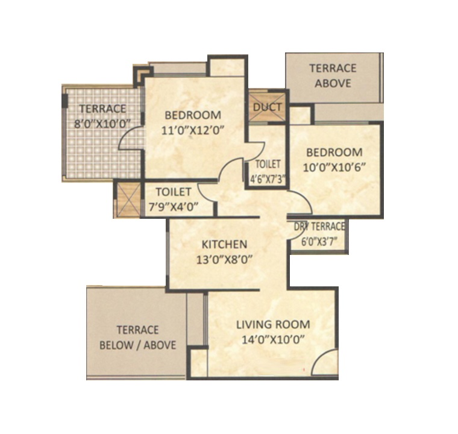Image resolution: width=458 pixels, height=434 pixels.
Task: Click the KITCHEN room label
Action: [224, 244]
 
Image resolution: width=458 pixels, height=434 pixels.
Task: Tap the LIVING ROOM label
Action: [273, 325]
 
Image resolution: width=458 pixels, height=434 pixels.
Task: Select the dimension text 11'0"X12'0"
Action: [193, 130]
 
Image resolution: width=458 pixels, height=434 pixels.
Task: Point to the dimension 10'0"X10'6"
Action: [334, 168]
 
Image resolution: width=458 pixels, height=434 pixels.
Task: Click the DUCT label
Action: [267, 107]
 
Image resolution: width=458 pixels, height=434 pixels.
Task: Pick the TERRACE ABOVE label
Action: [333, 76]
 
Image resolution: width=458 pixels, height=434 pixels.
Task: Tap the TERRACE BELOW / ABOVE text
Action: [138, 338]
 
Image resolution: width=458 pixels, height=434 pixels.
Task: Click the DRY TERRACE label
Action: [319, 227]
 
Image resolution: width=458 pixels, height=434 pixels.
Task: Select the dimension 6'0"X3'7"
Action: [319, 242]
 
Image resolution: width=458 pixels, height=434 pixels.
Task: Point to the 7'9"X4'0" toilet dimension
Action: [174, 207]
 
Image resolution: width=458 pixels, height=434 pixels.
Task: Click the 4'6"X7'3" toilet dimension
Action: [268, 179]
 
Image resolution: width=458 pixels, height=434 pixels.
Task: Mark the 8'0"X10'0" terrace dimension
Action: [102, 124]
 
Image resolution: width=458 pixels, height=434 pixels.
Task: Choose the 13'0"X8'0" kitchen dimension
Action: [224, 260]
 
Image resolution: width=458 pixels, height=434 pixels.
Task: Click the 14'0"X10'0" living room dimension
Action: [273, 340]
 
